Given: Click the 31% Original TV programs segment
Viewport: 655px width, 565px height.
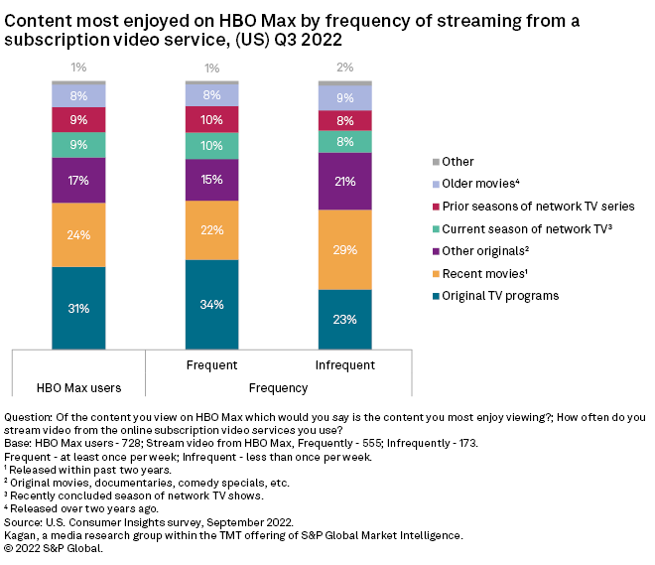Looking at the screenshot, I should point(78,308).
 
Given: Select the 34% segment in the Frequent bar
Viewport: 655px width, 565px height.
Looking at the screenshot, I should point(211,304).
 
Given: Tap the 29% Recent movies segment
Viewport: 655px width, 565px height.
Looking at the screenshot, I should point(343,249).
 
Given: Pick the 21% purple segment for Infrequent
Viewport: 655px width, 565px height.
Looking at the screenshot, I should point(343,181).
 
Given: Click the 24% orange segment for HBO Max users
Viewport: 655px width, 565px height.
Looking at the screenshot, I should point(78,235).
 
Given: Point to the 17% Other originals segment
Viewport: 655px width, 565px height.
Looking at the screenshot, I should point(78,181).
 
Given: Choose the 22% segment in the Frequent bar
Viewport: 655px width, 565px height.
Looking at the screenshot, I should point(211,230).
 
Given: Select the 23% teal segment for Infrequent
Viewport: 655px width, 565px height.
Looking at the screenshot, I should point(343,319).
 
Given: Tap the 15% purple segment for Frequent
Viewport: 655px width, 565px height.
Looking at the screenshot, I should point(211,180).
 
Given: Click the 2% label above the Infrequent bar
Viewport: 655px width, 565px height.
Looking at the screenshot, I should point(343,67).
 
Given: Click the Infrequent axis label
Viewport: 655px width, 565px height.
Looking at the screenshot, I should point(343,365).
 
